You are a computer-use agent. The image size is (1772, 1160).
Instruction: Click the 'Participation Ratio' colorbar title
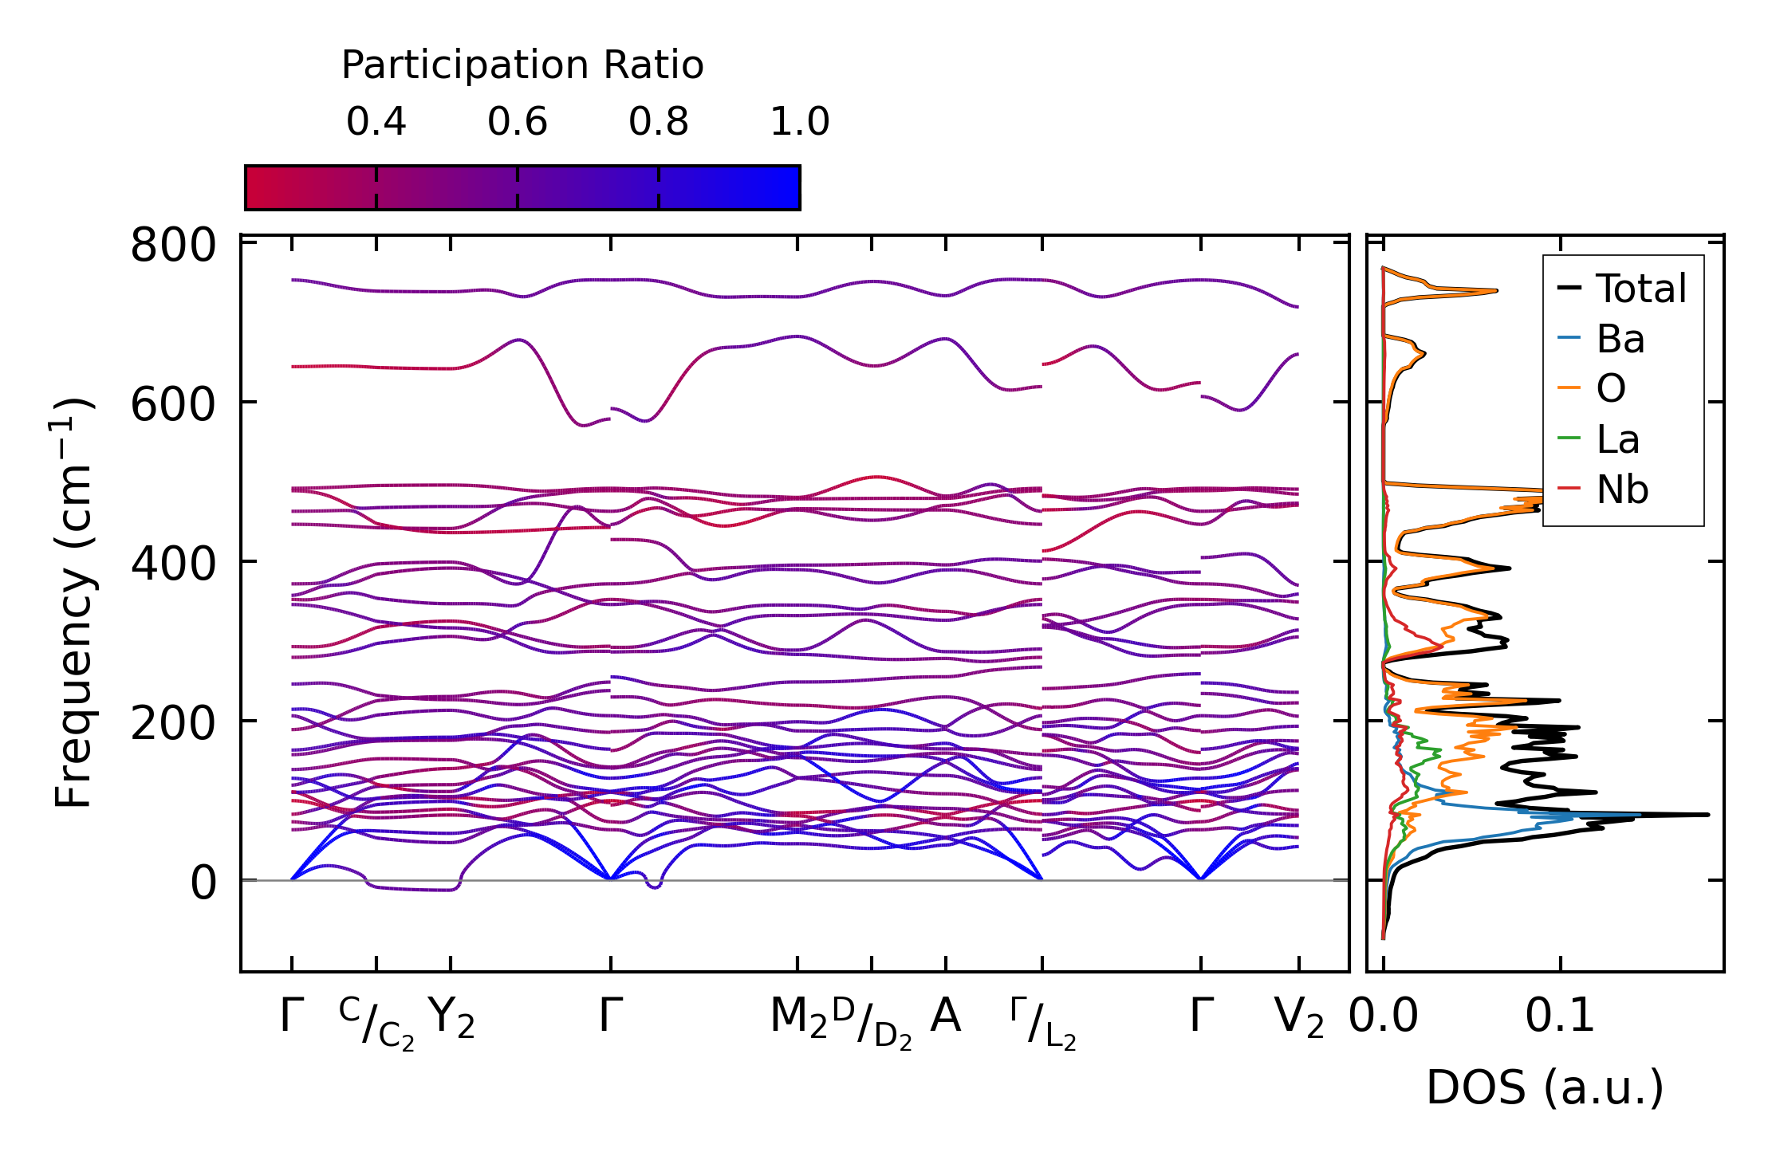[x=522, y=65]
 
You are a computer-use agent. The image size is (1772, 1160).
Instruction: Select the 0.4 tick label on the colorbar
[x=376, y=122]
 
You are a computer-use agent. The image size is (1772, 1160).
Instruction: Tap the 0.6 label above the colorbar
[x=518, y=122]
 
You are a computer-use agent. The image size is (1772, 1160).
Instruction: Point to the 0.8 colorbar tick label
[x=658, y=122]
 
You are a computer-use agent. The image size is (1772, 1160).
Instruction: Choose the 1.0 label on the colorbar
[x=799, y=122]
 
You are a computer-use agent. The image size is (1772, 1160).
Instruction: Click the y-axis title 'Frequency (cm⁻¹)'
[x=73, y=603]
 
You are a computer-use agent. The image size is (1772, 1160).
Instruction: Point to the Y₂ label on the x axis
[x=451, y=1017]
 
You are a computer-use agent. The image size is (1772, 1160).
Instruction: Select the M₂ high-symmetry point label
[x=798, y=1017]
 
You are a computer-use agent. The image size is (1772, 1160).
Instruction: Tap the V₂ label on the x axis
[x=1299, y=1017]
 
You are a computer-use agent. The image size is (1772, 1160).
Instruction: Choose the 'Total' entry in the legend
[x=1640, y=289]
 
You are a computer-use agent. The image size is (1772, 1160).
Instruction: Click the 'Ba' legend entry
[x=1620, y=339]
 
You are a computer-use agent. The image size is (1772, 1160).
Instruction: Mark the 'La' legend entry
[x=1617, y=439]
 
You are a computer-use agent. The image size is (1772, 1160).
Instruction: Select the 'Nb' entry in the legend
[x=1621, y=490]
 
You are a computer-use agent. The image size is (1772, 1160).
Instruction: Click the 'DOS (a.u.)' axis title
[x=1545, y=1088]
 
